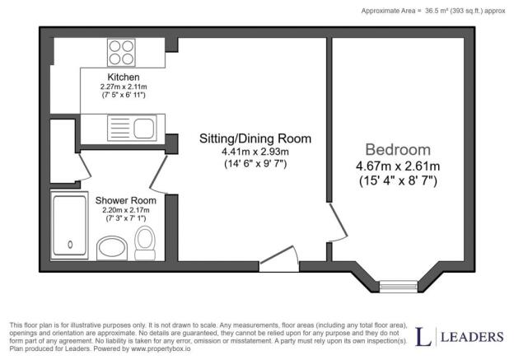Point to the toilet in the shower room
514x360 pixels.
click(145, 241)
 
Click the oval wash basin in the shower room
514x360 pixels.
click(113, 246)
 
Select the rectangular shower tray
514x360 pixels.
click(69, 222)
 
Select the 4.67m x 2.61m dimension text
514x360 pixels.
click(398, 166)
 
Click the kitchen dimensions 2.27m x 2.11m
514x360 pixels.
click(112, 86)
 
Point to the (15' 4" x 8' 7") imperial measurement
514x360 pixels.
click(398, 179)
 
